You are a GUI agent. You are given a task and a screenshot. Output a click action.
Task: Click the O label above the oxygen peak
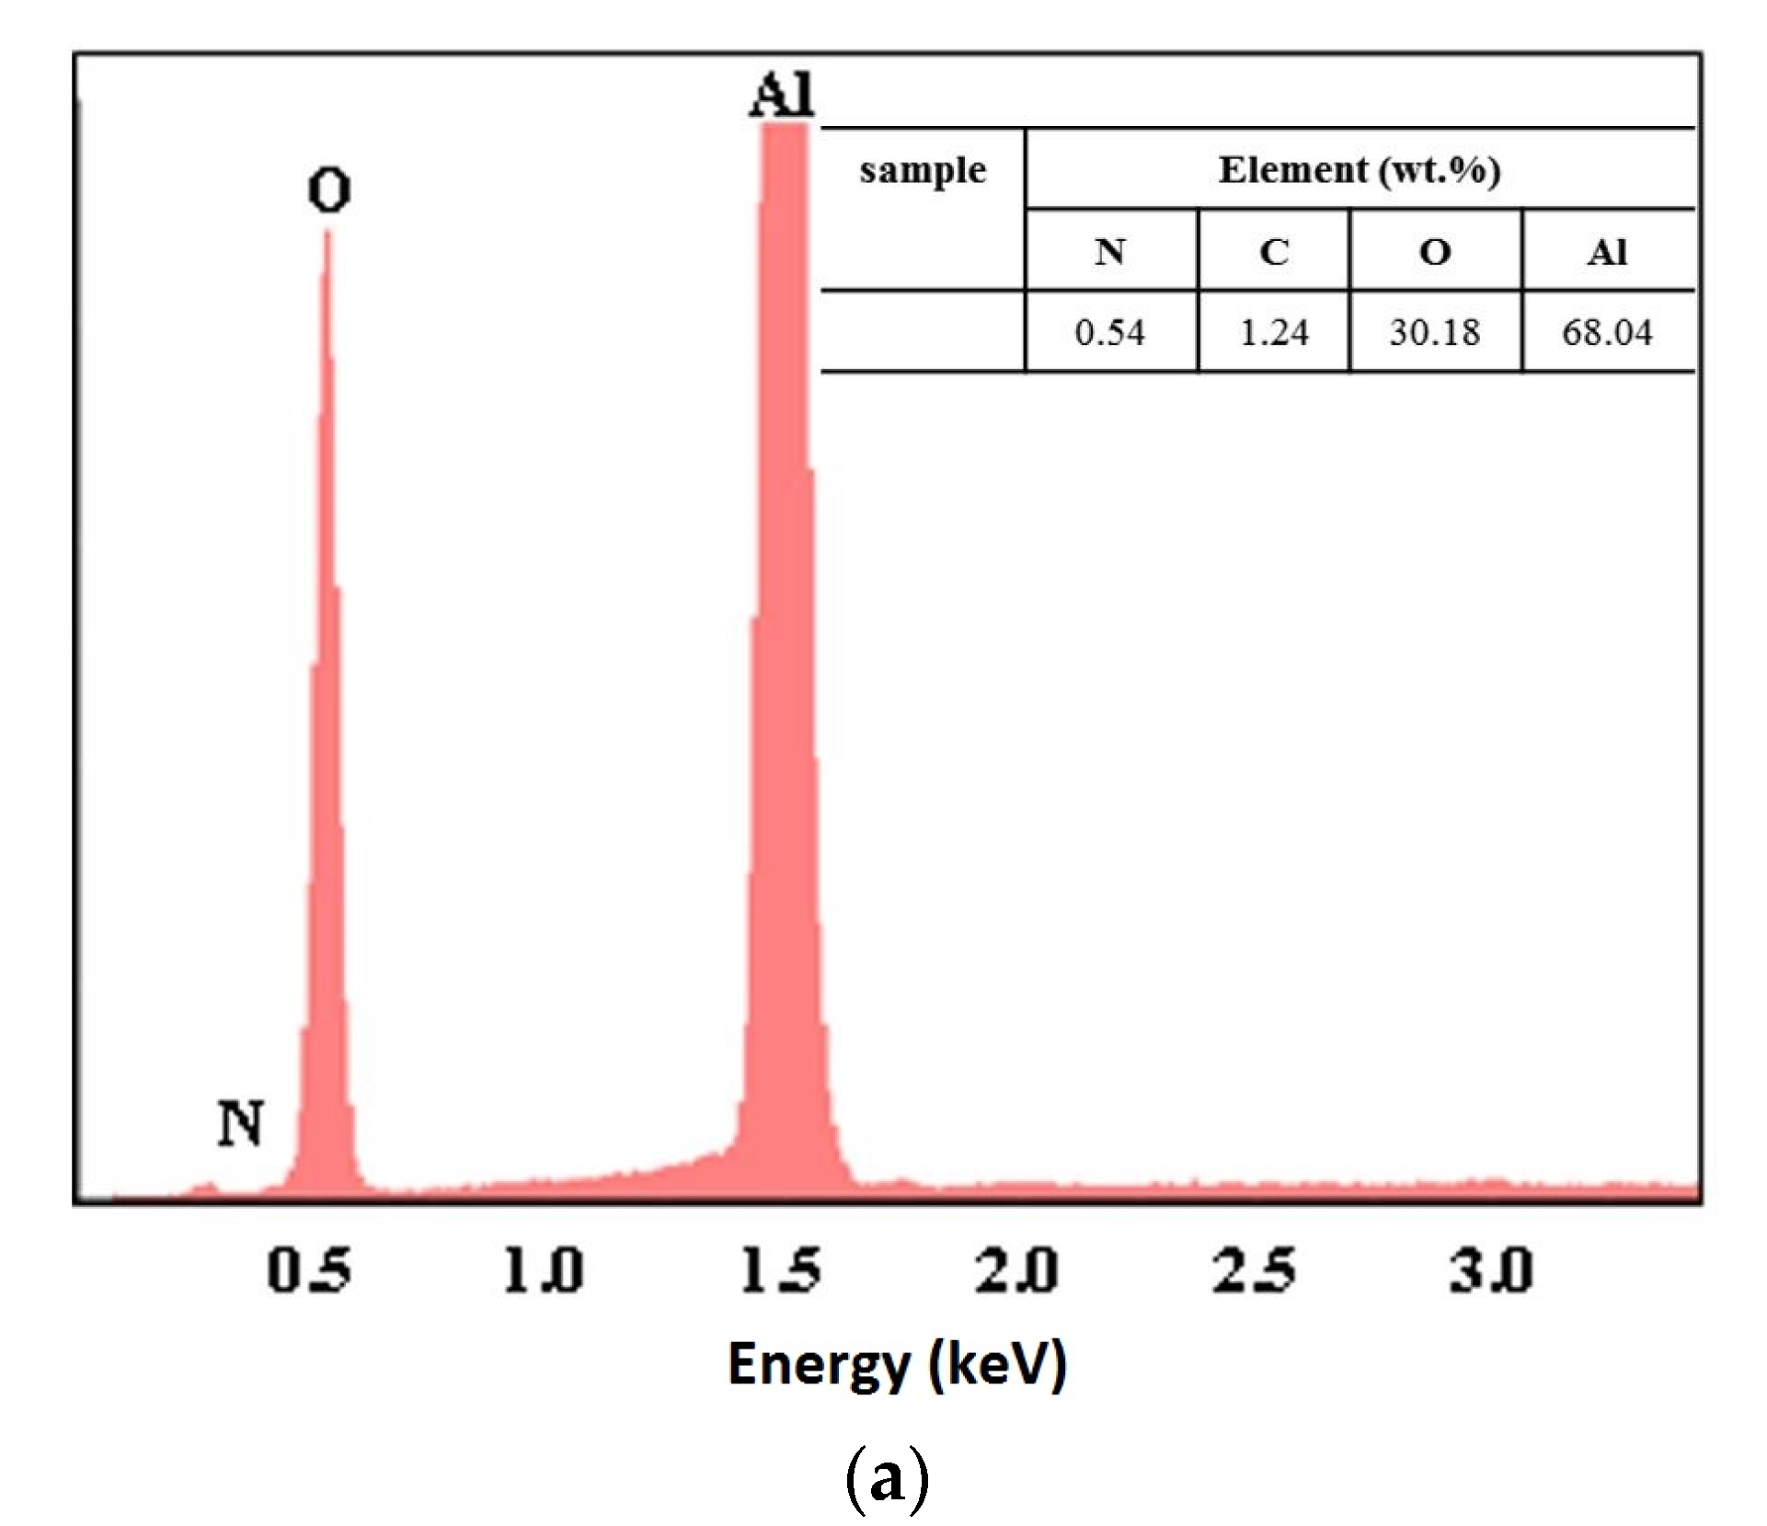click(328, 191)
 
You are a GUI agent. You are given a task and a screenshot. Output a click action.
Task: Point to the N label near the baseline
click(241, 1124)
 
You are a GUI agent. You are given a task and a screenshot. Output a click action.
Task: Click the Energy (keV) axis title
click(897, 1364)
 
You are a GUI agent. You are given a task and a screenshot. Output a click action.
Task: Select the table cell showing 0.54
click(1109, 332)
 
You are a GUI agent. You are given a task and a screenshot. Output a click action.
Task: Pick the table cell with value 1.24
click(1274, 332)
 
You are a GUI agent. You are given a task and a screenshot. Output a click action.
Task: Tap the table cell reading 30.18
click(1435, 332)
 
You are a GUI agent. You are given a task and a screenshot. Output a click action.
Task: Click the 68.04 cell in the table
click(1607, 332)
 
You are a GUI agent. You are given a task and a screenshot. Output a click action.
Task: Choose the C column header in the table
click(1274, 251)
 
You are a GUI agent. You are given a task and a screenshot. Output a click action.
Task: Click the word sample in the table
click(923, 171)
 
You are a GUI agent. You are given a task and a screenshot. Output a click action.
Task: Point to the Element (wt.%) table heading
click(1360, 170)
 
